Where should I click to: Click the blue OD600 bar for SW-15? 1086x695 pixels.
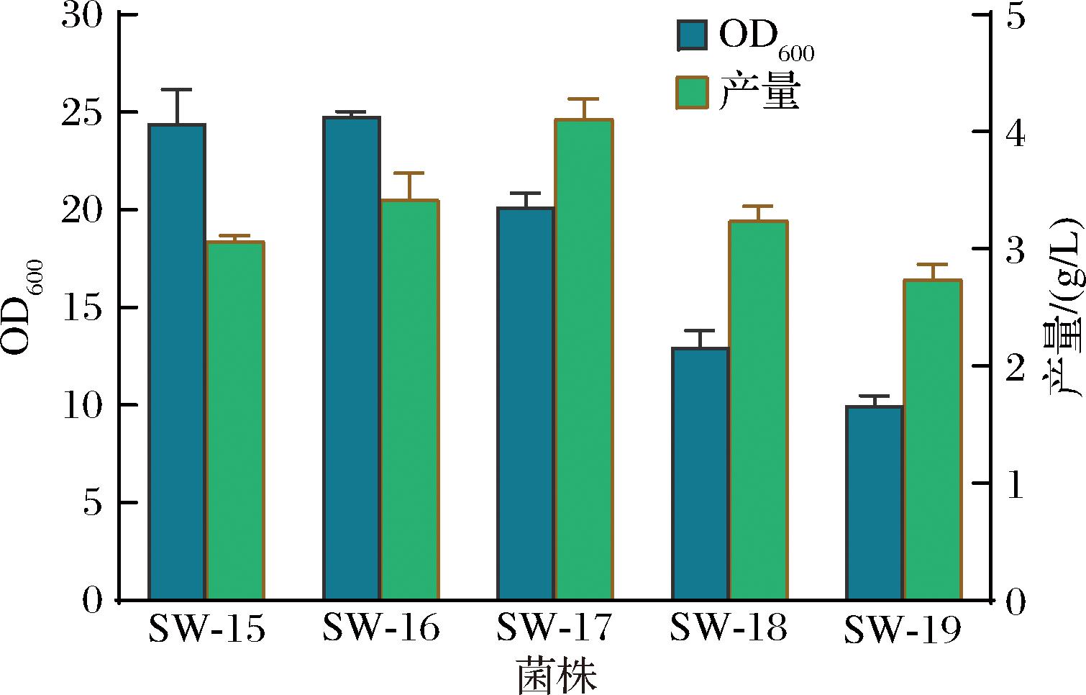pos(177,362)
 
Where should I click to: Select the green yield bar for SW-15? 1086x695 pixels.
pos(236,420)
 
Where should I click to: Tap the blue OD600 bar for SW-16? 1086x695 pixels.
pos(352,358)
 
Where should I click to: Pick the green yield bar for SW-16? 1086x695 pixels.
pos(410,399)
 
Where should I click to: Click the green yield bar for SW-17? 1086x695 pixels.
pos(584,360)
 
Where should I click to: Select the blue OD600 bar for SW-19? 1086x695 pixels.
pos(875,503)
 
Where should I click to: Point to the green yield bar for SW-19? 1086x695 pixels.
pos(934,440)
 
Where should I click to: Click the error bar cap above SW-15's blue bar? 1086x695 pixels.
pos(177,90)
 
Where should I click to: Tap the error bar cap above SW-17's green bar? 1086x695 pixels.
pos(584,99)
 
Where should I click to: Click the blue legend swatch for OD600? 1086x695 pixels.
pos(693,35)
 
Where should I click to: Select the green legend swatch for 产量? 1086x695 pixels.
pos(693,93)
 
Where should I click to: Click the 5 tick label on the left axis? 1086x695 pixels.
pos(93,502)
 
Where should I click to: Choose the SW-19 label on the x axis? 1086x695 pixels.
pos(903,630)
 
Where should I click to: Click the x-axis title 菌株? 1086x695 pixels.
pos(557,675)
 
